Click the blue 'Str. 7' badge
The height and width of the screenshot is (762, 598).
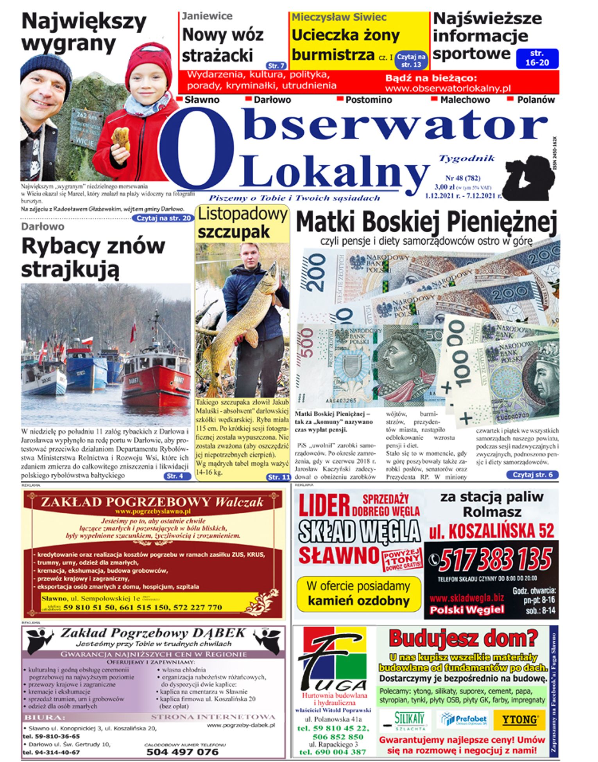276,66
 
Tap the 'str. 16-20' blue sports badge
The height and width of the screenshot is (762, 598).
537,58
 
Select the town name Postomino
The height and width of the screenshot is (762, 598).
368,100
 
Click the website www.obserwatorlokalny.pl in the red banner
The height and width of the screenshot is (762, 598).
448,88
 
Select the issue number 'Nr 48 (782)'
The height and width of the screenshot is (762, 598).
463,178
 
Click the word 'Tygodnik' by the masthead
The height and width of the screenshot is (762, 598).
467,158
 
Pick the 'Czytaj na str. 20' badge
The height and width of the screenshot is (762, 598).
163,218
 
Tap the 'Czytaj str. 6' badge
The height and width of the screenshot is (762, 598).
532,475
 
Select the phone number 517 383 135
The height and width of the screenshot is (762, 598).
495,560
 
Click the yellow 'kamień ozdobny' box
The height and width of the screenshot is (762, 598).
358,593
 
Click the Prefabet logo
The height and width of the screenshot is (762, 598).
464,719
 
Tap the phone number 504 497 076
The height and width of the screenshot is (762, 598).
182,752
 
